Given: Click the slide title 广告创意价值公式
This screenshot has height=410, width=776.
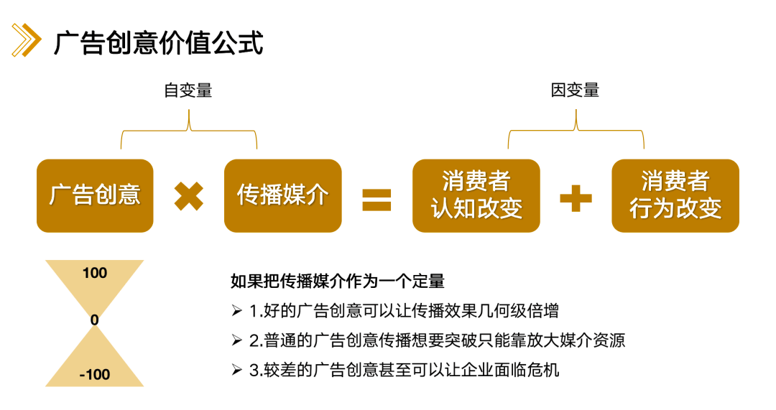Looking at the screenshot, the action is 158,42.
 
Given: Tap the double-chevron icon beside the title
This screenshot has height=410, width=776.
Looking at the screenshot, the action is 27,40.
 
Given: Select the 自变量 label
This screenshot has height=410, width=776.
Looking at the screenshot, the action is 188,90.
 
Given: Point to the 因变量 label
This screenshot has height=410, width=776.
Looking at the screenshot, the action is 575,90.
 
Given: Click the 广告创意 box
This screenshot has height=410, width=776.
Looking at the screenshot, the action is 95,195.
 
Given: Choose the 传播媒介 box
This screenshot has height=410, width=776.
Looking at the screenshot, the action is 282,195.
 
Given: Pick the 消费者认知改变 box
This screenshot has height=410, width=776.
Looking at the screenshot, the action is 476,195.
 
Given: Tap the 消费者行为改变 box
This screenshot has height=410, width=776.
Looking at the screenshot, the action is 675,195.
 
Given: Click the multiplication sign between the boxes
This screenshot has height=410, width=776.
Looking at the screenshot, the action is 188,196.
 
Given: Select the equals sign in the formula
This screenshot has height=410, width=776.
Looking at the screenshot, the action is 377,200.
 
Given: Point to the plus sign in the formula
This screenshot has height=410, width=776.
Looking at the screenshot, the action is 576,198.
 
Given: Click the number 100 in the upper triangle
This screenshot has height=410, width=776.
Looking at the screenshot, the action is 95,273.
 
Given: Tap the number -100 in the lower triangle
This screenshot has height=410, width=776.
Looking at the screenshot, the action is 95,374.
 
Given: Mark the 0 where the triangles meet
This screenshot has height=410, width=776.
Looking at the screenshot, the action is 95,320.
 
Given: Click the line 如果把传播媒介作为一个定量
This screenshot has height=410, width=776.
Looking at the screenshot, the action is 338,281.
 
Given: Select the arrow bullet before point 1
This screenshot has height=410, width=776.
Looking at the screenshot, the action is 236,311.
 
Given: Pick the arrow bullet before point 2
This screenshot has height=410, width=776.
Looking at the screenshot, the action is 236,340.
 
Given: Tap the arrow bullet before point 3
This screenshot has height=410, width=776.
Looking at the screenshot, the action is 236,370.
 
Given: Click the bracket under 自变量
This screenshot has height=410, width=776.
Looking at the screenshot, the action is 189,130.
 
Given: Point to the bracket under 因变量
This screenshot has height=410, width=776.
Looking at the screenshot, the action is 576,130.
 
